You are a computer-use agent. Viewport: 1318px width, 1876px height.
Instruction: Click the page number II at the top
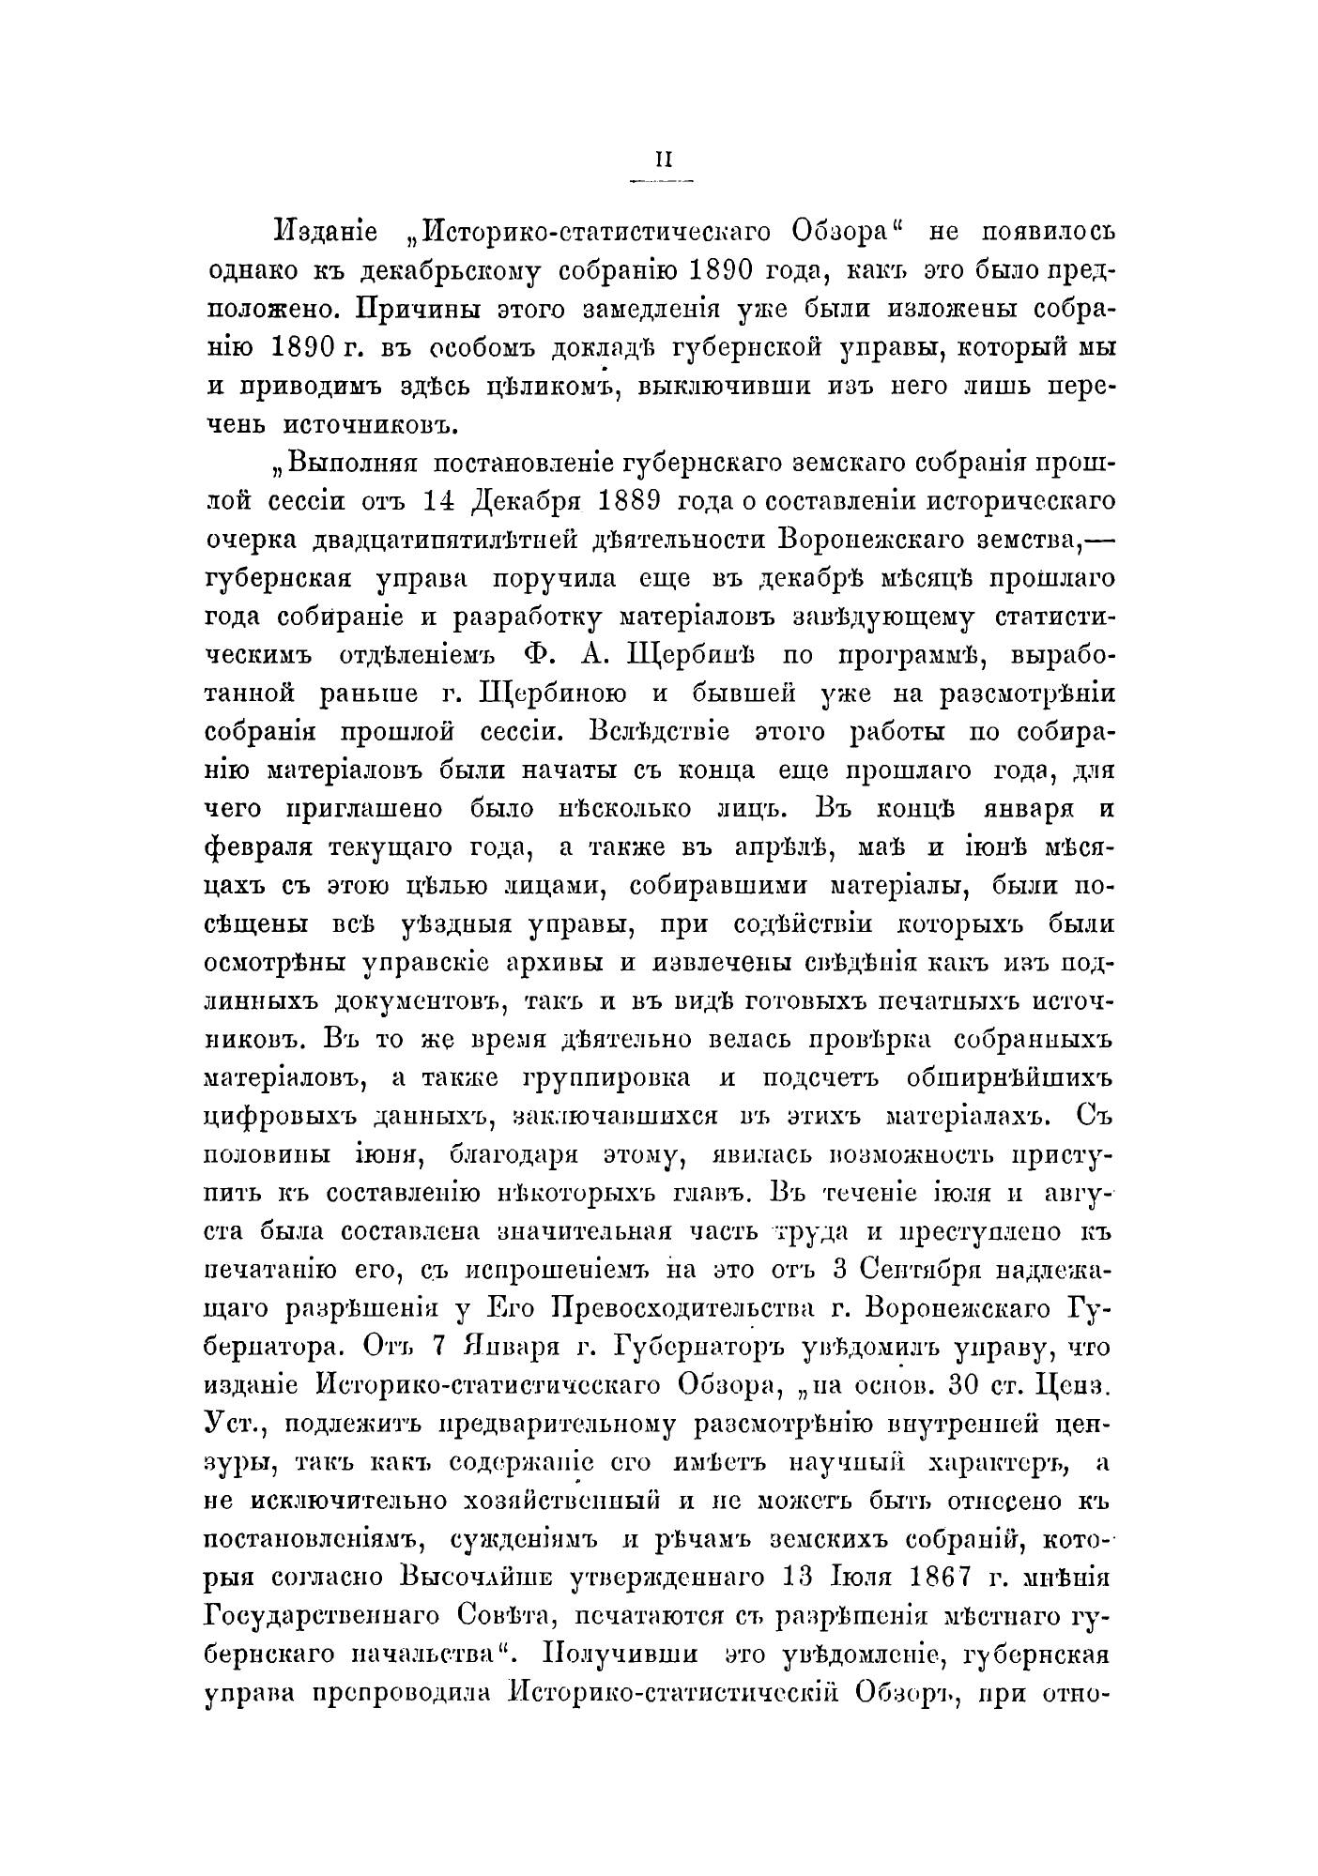(664, 160)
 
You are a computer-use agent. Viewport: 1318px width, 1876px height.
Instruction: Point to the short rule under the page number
(664, 179)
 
